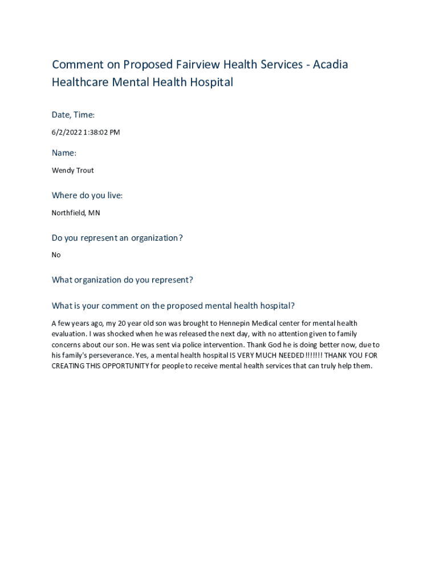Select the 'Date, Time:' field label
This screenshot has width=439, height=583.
coord(73,115)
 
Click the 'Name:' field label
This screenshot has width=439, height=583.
coord(64,153)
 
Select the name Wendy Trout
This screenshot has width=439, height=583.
coord(73,170)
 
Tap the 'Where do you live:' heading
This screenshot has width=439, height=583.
coord(87,195)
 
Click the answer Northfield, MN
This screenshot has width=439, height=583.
coord(76,213)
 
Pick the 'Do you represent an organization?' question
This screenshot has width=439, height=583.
coord(117,237)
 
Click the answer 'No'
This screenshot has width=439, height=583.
coord(56,255)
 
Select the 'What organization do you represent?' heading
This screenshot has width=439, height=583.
coord(123,280)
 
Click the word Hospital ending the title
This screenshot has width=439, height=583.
coord(211,82)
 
